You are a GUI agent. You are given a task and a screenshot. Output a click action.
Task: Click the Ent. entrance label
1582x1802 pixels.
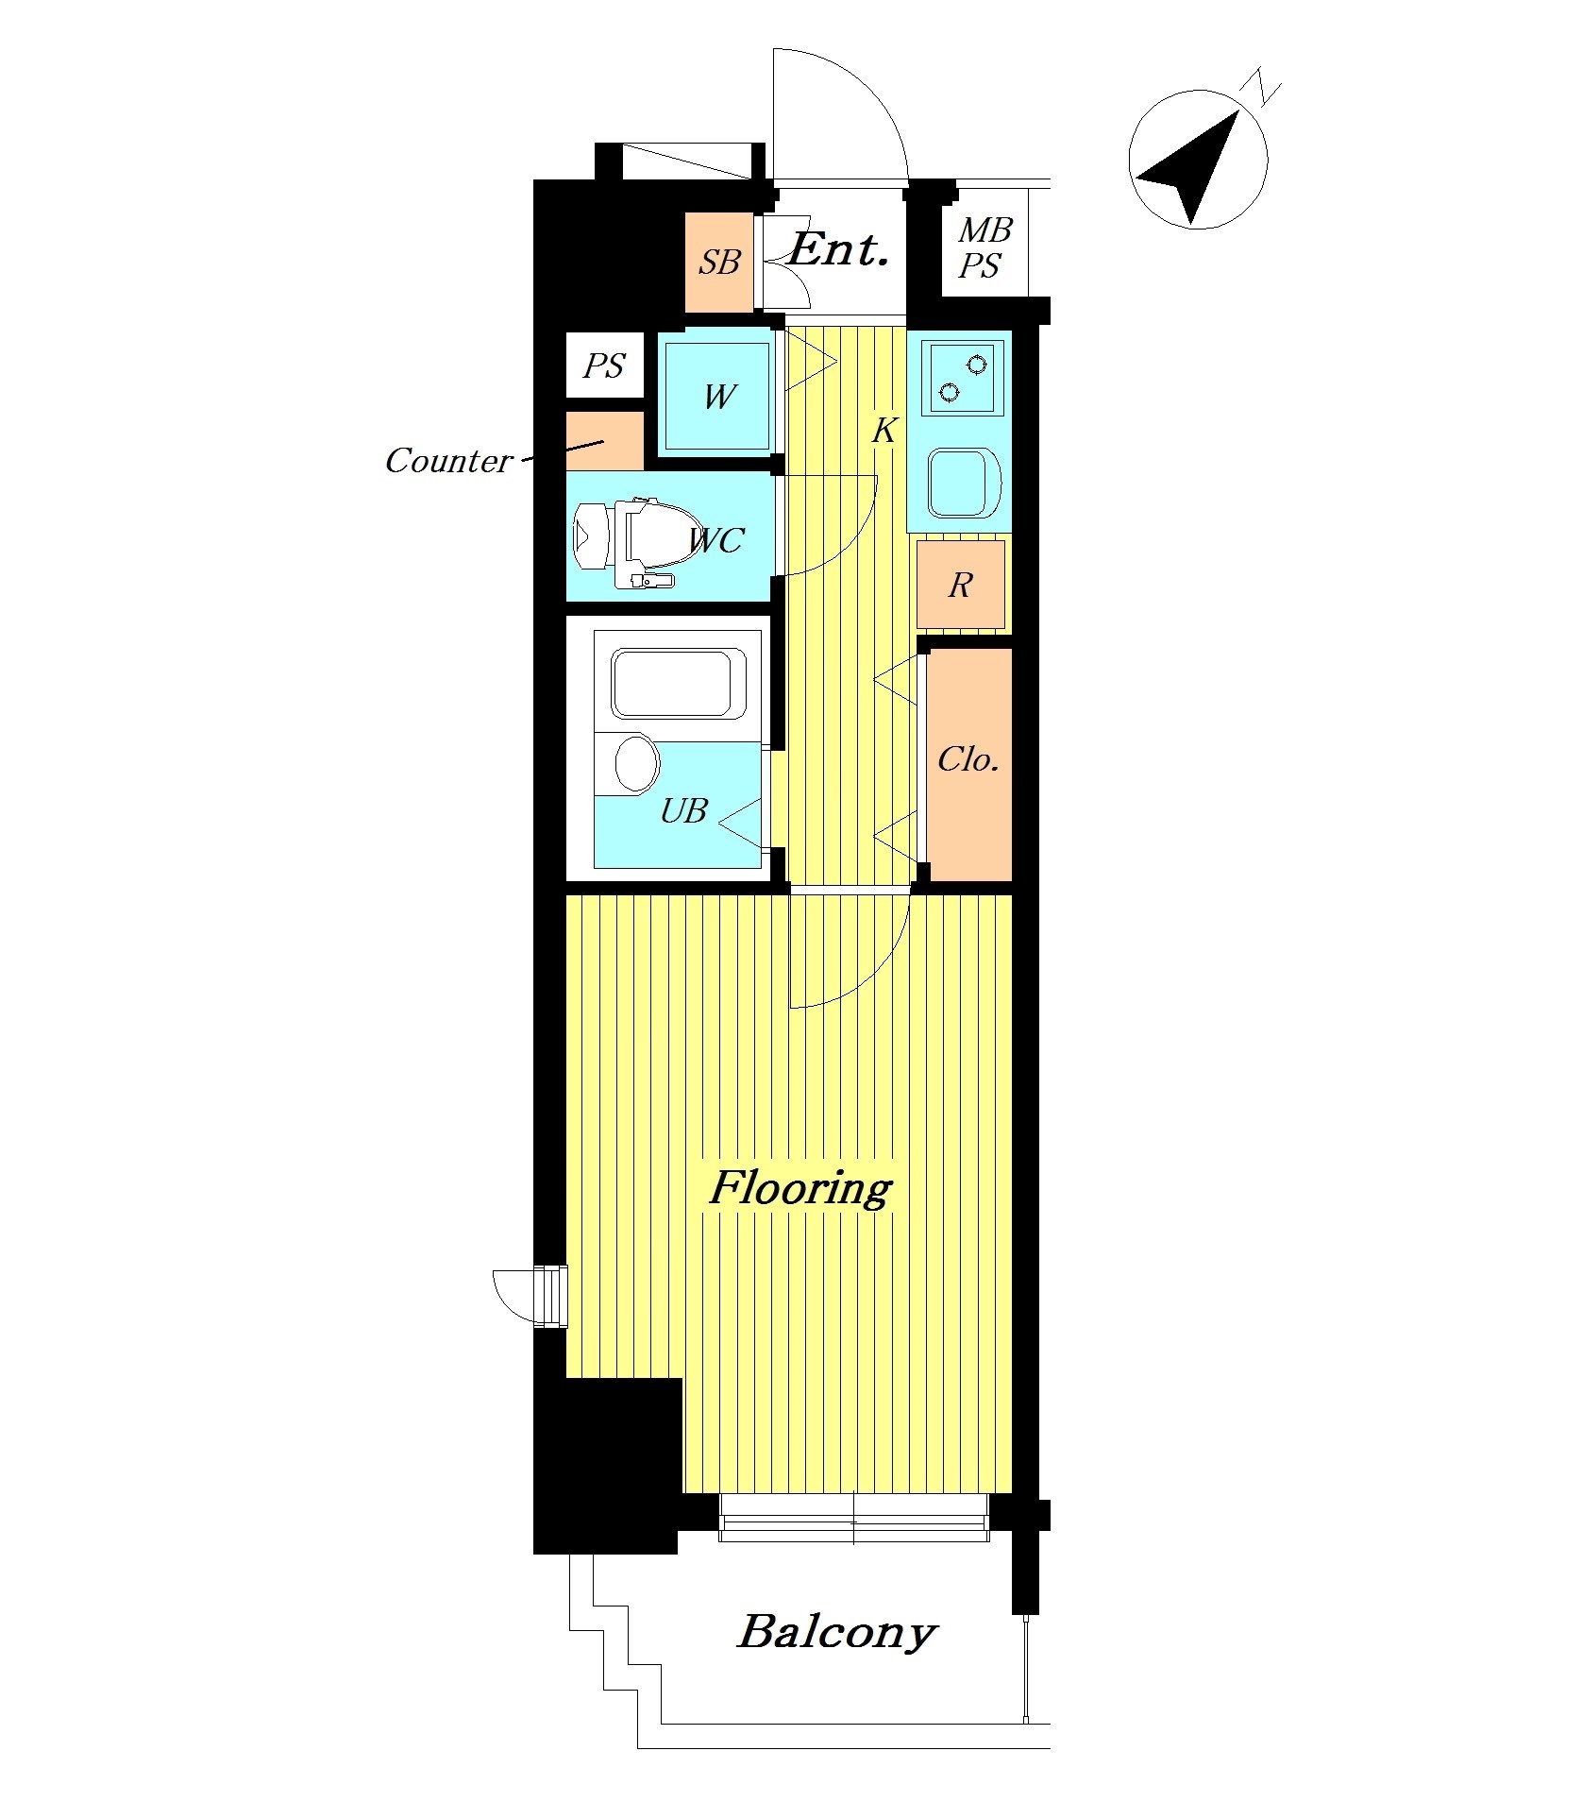[x=839, y=250]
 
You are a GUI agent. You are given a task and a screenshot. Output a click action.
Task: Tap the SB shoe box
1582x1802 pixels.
[x=719, y=262]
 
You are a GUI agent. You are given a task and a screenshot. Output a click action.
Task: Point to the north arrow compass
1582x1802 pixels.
[x=1198, y=159]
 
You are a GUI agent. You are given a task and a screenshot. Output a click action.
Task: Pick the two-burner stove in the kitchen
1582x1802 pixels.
[x=965, y=376]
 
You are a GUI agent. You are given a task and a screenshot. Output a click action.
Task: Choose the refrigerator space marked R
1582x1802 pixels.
[x=960, y=585]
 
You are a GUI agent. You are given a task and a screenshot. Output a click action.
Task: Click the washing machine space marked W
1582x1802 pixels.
[x=719, y=395]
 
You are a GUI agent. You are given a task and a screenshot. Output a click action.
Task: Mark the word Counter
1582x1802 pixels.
[x=448, y=461]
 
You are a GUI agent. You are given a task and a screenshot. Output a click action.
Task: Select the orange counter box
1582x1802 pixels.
[x=605, y=441]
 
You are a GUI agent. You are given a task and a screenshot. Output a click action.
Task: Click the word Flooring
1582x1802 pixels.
[x=800, y=1188]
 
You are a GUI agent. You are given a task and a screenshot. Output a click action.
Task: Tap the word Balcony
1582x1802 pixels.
[x=837, y=1633]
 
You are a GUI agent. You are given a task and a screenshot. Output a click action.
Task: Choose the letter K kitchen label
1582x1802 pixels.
[x=884, y=431]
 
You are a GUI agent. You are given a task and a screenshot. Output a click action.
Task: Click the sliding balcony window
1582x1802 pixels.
[x=854, y=1517]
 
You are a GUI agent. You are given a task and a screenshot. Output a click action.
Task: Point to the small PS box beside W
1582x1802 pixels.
[x=604, y=365]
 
